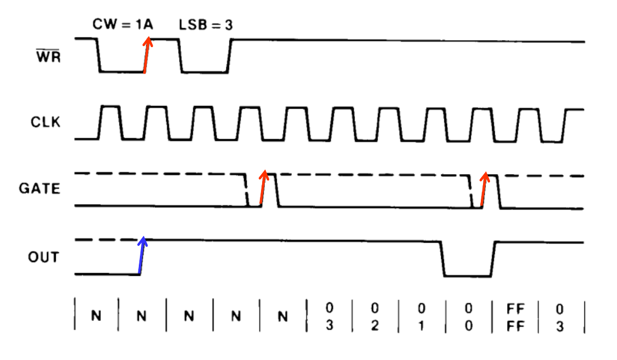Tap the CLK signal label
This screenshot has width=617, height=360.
coord(46,122)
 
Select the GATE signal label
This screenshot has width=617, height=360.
coord(40,189)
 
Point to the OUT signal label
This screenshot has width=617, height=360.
coord(43,258)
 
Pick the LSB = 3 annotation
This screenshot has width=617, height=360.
coord(205,25)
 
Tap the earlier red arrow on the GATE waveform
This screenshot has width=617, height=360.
coord(263,187)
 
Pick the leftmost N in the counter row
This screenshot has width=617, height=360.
coord(96,317)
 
